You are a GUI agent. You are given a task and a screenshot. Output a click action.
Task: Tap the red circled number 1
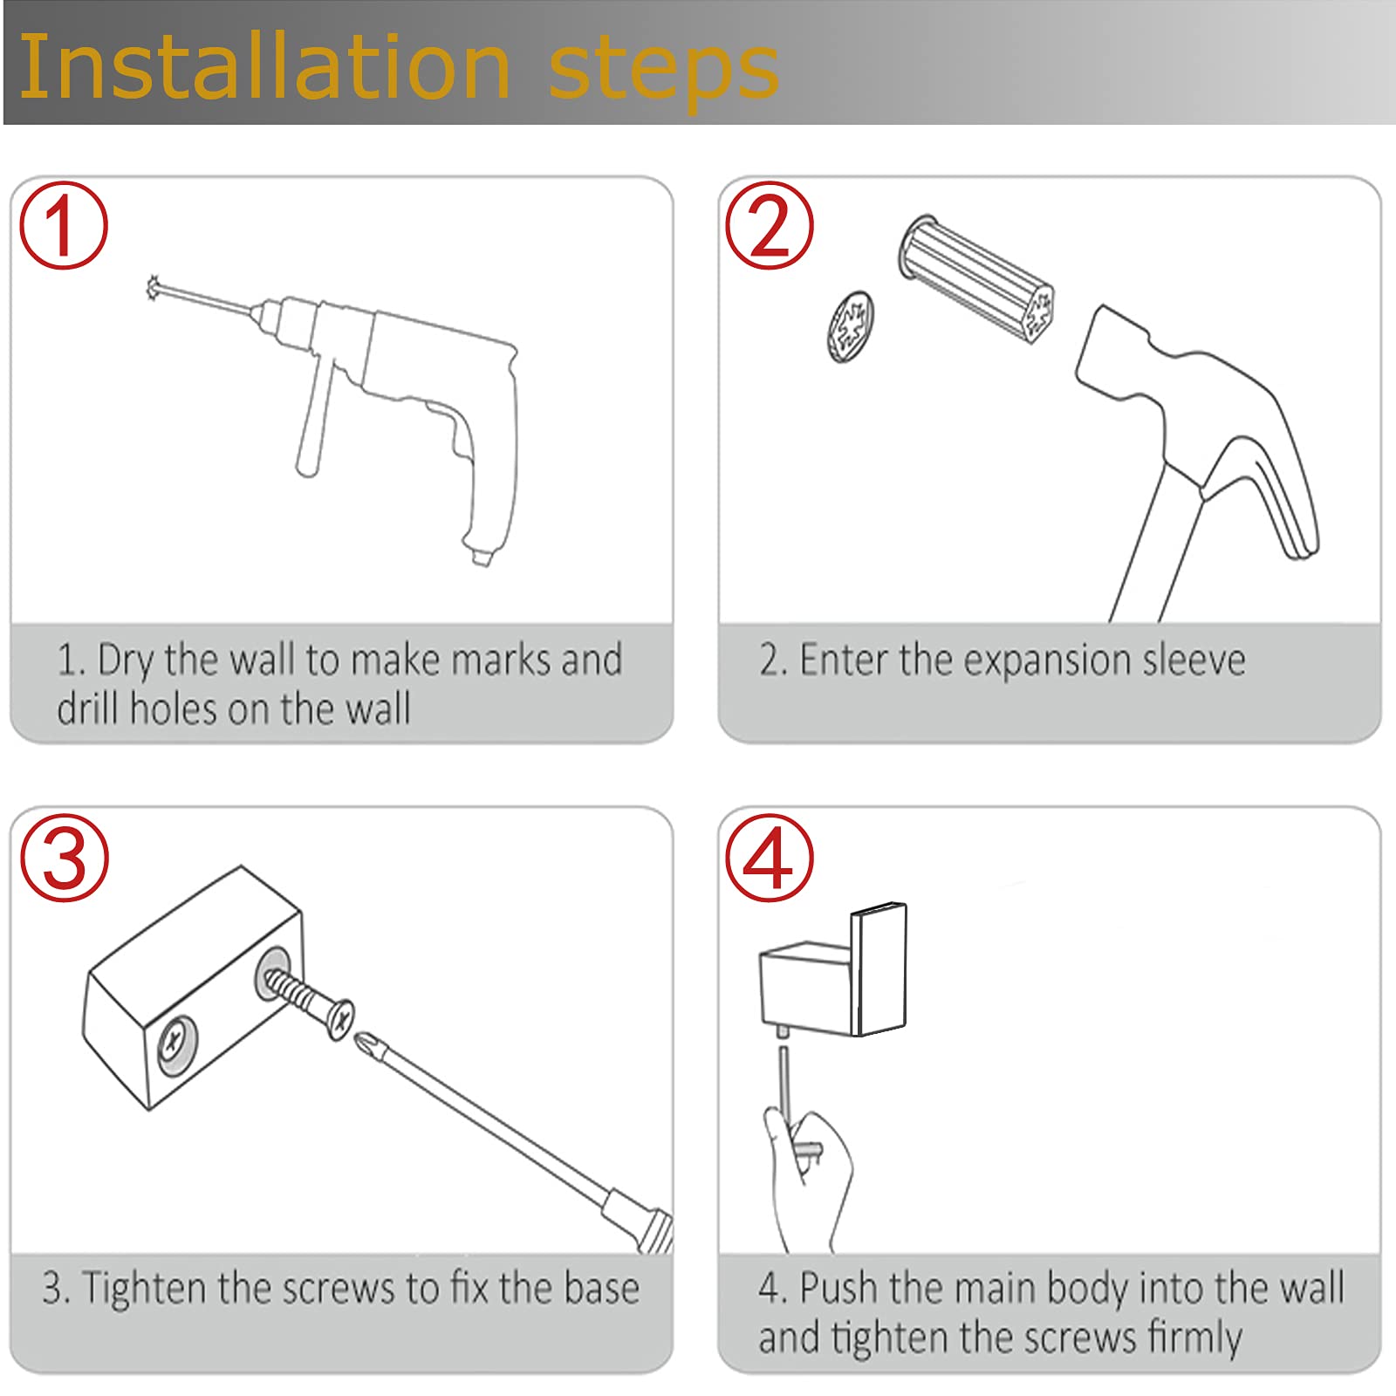pyautogui.click(x=64, y=224)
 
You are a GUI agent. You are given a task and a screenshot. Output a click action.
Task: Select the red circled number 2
pyautogui.click(x=769, y=224)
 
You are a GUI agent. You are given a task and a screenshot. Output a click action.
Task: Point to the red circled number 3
pyautogui.click(x=65, y=857)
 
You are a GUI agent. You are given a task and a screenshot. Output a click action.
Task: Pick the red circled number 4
pyautogui.click(x=769, y=857)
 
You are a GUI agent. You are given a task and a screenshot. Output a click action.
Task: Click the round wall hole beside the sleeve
pyautogui.click(x=851, y=327)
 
